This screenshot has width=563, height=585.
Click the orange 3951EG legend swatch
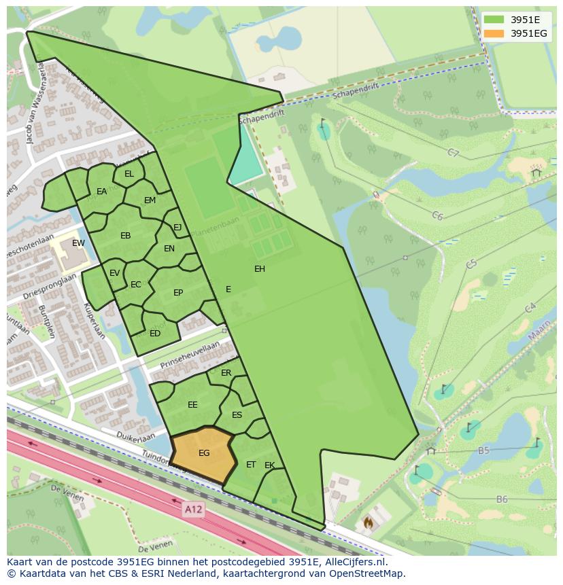(x=494, y=33)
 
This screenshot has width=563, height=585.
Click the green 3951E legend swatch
(x=494, y=20)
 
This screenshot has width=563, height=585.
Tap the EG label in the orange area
(x=204, y=453)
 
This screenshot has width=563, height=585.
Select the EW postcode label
(x=78, y=243)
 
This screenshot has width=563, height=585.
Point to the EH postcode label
(x=260, y=269)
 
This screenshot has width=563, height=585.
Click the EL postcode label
(x=129, y=174)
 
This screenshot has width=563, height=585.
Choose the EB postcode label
(x=125, y=236)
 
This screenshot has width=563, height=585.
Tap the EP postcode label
(x=178, y=293)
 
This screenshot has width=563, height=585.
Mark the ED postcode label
(x=155, y=333)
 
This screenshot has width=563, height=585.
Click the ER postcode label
(x=226, y=373)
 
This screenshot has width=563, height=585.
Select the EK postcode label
(x=270, y=465)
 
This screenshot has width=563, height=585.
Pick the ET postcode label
(x=251, y=465)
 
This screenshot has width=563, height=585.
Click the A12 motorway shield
(x=193, y=508)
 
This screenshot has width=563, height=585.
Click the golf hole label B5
(x=484, y=450)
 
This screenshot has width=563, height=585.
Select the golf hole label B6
(x=502, y=499)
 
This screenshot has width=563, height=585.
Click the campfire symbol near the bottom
(x=369, y=522)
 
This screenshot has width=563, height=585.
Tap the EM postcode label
(x=150, y=200)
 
